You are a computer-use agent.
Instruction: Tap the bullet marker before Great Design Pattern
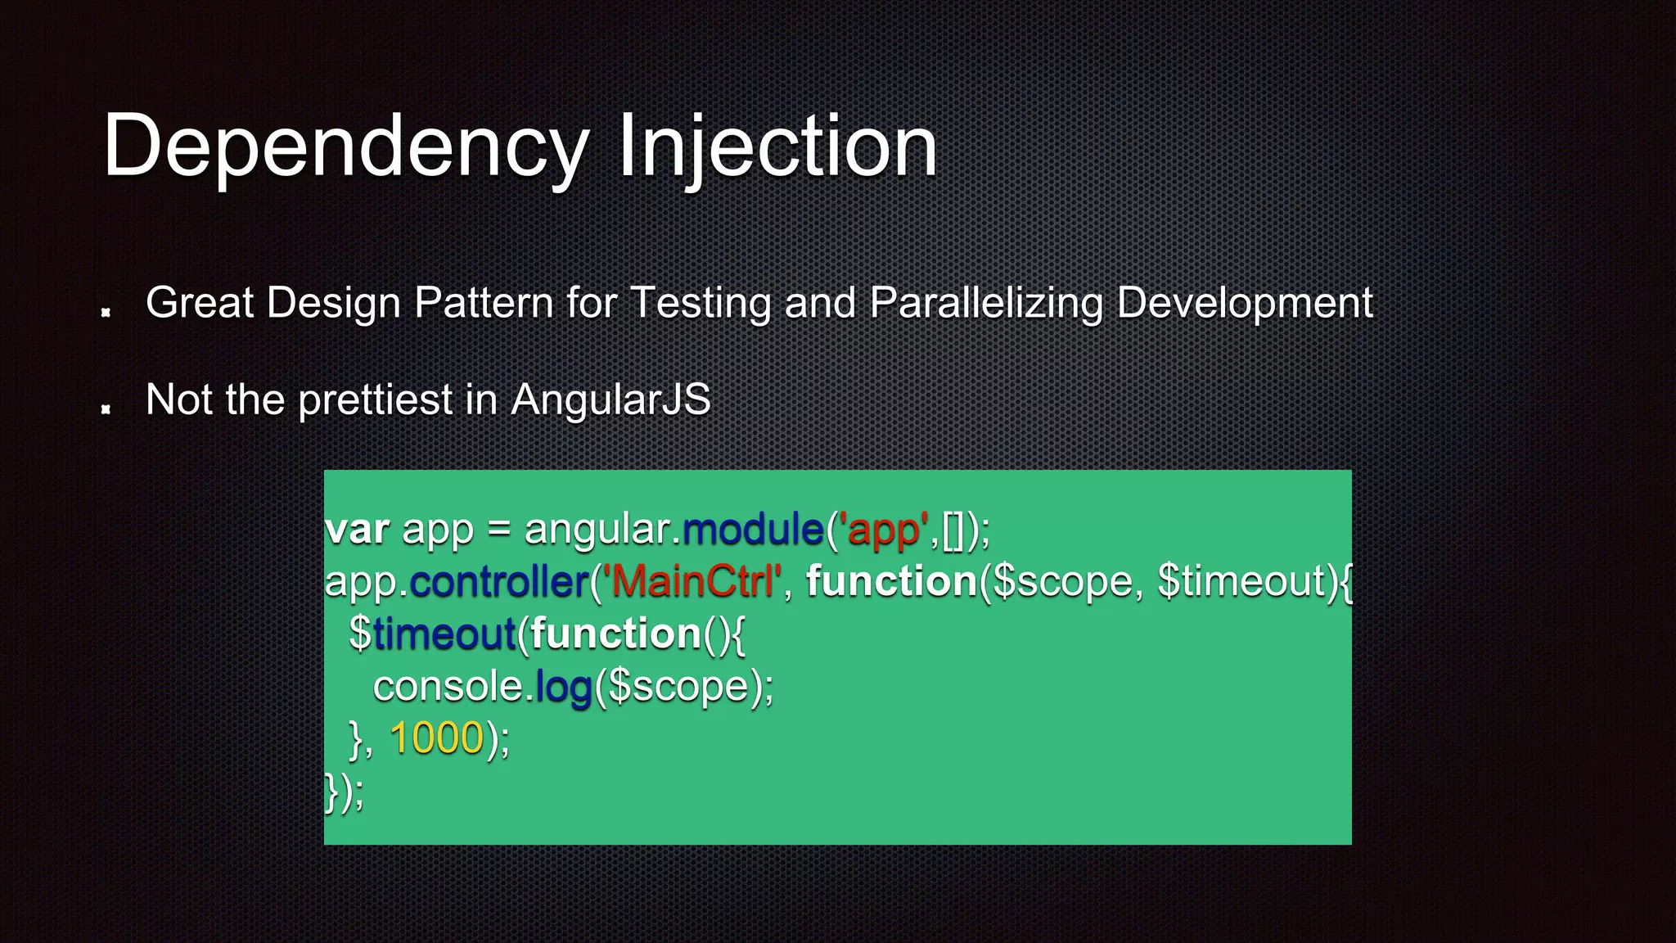click(x=106, y=312)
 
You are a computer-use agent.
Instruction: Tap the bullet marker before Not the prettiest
click(x=106, y=408)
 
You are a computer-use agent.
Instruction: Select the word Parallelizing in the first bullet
click(x=986, y=304)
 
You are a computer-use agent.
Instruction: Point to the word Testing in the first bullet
click(x=701, y=304)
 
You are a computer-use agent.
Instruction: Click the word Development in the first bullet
click(x=1244, y=304)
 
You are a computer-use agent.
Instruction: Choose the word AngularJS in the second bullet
click(x=610, y=400)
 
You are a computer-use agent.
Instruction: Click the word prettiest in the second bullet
click(x=375, y=400)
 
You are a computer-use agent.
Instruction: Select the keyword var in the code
click(x=357, y=530)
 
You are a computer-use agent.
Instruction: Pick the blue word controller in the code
click(x=499, y=582)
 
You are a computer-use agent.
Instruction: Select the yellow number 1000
click(x=437, y=738)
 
